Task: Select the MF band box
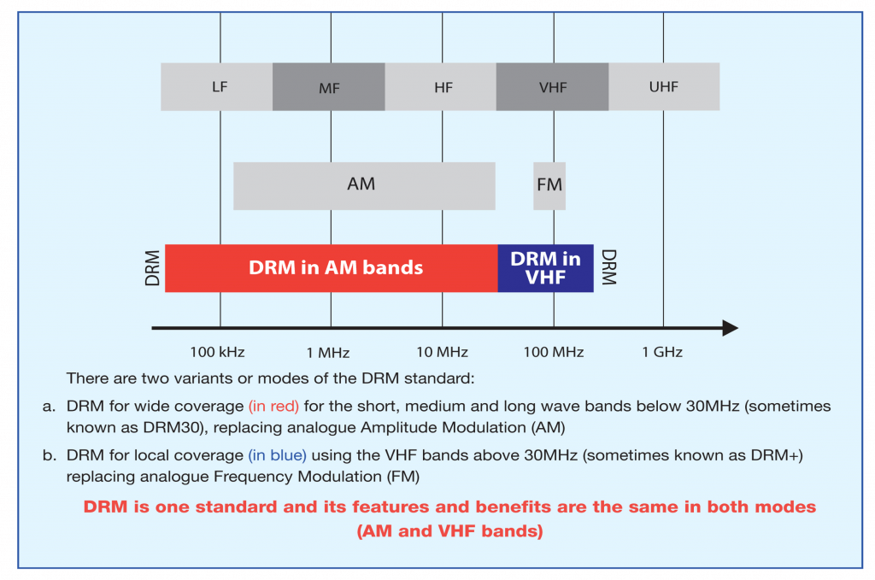tap(329, 86)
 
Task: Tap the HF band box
tap(441, 86)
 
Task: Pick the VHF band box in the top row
tap(552, 86)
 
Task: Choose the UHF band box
tap(664, 86)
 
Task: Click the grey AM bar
tap(363, 185)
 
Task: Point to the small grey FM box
tap(549, 185)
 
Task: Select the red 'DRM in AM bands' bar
tap(332, 267)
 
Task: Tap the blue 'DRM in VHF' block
tap(545, 267)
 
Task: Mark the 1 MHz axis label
tap(330, 352)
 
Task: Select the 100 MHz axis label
tap(553, 352)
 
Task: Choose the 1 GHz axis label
tap(662, 352)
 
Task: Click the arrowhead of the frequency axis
tap(729, 328)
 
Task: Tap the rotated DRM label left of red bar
tap(153, 267)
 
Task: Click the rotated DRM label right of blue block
tap(608, 267)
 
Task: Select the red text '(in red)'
tap(273, 407)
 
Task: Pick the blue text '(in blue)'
tap(277, 455)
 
